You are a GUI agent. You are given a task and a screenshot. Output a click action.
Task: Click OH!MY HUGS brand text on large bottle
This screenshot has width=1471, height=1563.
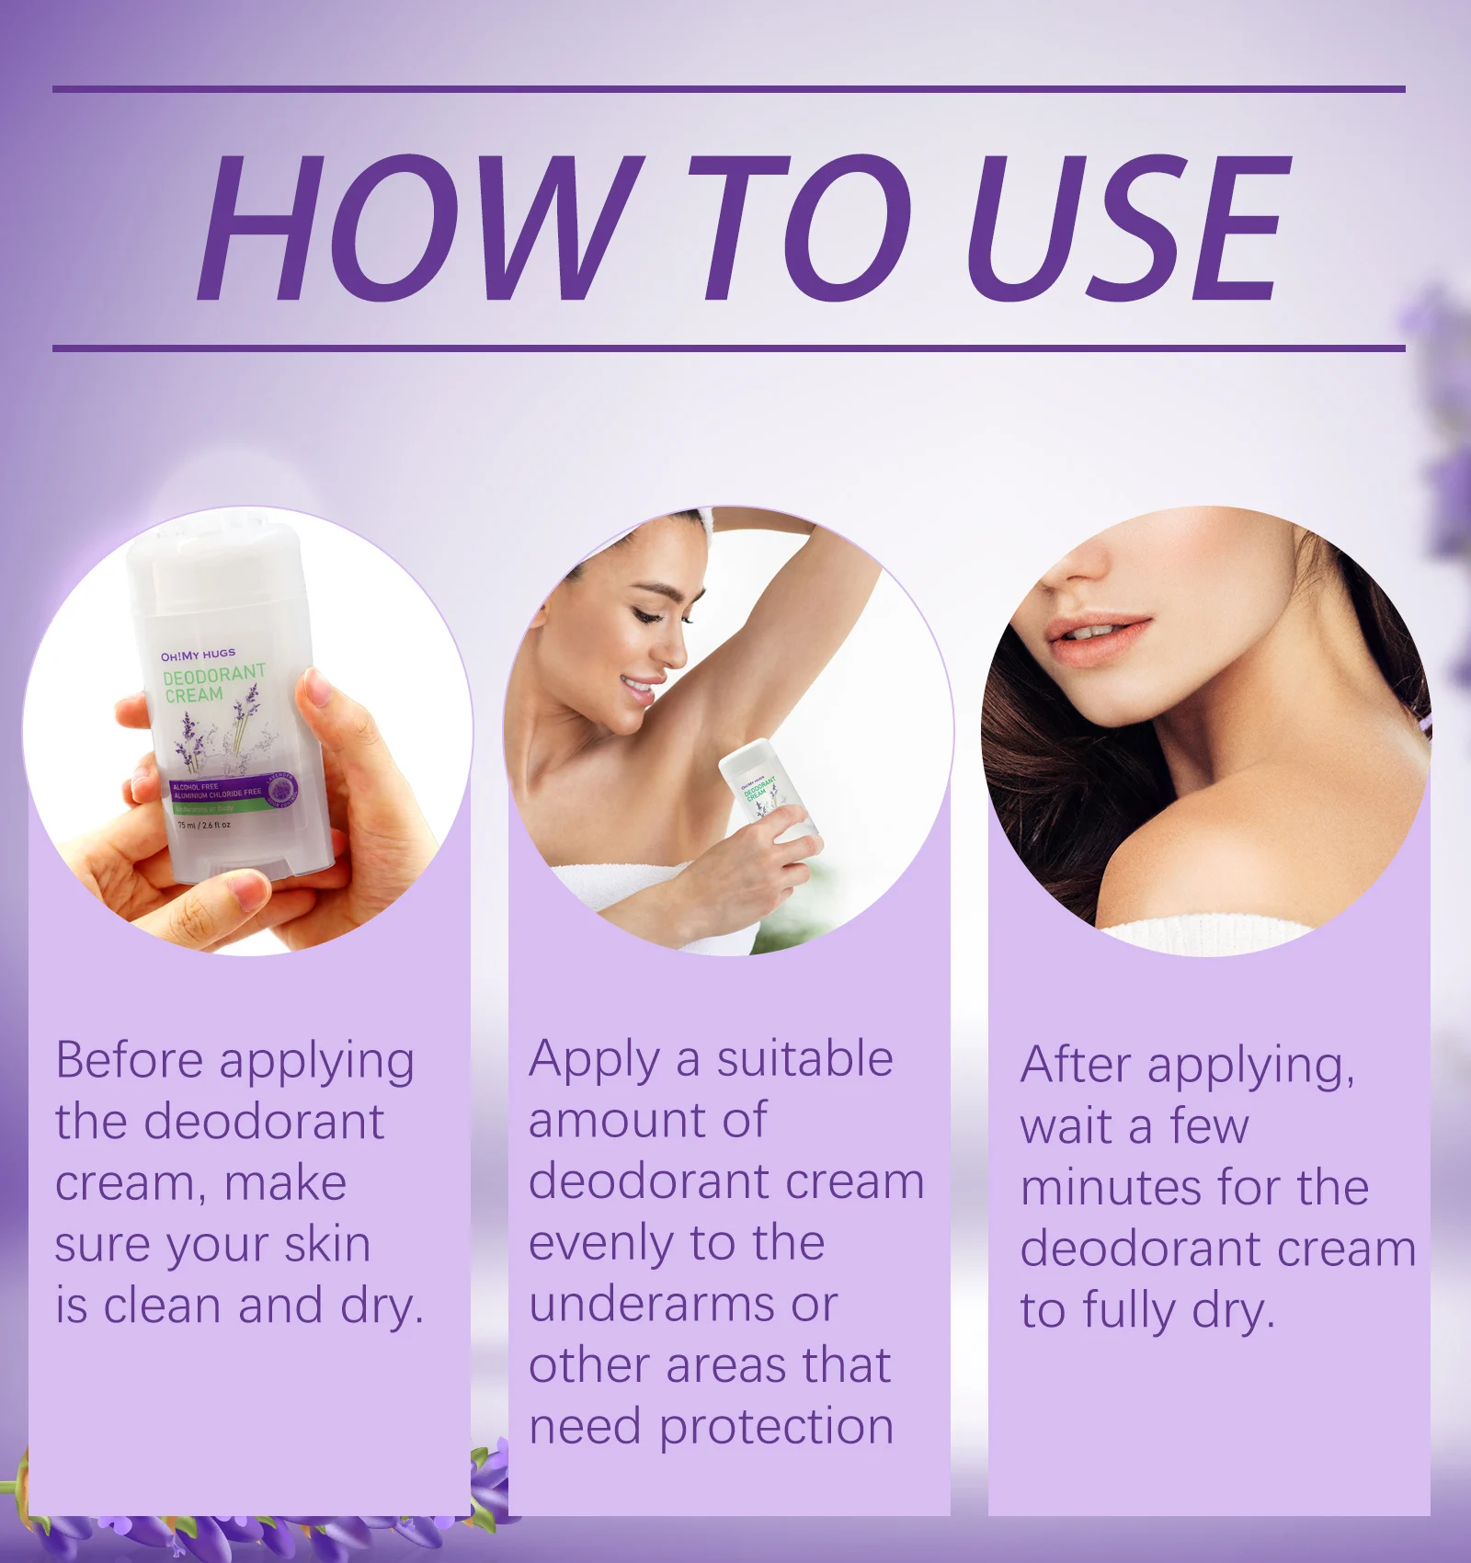click(x=198, y=656)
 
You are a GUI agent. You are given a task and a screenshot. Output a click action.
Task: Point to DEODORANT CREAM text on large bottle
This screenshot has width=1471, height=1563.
click(x=212, y=683)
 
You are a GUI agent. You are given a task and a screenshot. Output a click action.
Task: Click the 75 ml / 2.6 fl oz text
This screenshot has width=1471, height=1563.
click(x=204, y=825)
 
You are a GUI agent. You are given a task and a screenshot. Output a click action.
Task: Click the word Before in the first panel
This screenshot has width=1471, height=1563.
click(x=130, y=1060)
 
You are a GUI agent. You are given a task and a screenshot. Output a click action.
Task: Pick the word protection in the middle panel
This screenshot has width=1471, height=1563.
click(x=776, y=1426)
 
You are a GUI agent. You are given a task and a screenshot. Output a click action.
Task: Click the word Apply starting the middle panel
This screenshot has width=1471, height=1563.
click(x=593, y=1060)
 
